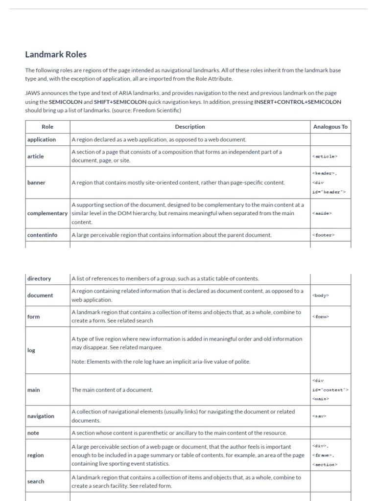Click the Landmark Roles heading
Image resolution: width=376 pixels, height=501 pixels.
(56, 54)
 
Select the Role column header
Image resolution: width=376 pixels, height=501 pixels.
(47, 127)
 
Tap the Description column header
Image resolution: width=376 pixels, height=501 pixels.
(190, 127)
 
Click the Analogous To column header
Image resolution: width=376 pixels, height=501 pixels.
(330, 127)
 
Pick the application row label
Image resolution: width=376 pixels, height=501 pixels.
(42, 139)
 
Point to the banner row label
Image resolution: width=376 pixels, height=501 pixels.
(36, 182)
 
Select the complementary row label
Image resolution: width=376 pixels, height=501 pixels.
(47, 213)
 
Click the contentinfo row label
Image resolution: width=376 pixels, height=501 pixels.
(42, 235)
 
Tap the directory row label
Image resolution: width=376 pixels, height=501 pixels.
(39, 278)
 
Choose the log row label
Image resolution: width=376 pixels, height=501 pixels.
(31, 350)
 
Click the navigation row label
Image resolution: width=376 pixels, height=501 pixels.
(41, 416)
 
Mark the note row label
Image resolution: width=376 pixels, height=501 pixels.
(33, 433)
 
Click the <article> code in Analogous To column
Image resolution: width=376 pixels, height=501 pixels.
(324, 157)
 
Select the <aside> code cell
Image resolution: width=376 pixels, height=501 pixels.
(322, 213)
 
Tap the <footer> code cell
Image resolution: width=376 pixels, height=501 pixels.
(323, 235)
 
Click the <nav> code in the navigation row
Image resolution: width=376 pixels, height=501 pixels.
(319, 416)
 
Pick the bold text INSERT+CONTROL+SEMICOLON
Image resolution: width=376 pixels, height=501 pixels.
(297, 102)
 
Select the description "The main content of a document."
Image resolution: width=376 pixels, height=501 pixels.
(112, 390)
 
